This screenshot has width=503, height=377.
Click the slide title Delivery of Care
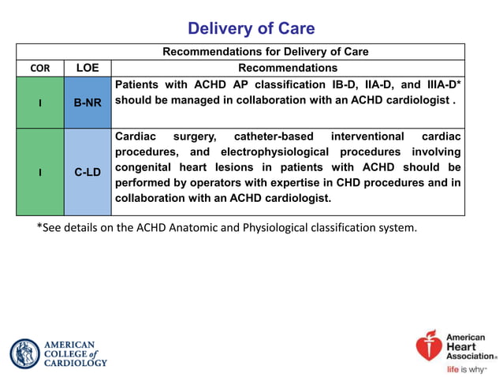[x=251, y=29]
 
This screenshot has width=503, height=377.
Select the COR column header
[x=40, y=69]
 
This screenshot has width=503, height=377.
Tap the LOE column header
[x=87, y=69]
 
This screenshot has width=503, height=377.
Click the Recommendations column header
[x=288, y=69]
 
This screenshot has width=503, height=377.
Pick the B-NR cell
[x=87, y=103]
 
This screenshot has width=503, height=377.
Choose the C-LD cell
[x=87, y=172]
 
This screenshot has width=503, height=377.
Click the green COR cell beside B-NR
[x=40, y=103]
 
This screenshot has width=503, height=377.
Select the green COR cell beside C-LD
[x=40, y=172]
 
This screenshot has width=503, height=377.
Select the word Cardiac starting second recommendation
[x=136, y=135]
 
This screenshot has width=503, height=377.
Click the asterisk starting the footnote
[x=39, y=227]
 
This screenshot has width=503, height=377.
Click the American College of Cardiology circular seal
[x=25, y=353]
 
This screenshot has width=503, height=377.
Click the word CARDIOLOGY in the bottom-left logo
[x=76, y=363]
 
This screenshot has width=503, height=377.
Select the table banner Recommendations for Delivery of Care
[x=265, y=52]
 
